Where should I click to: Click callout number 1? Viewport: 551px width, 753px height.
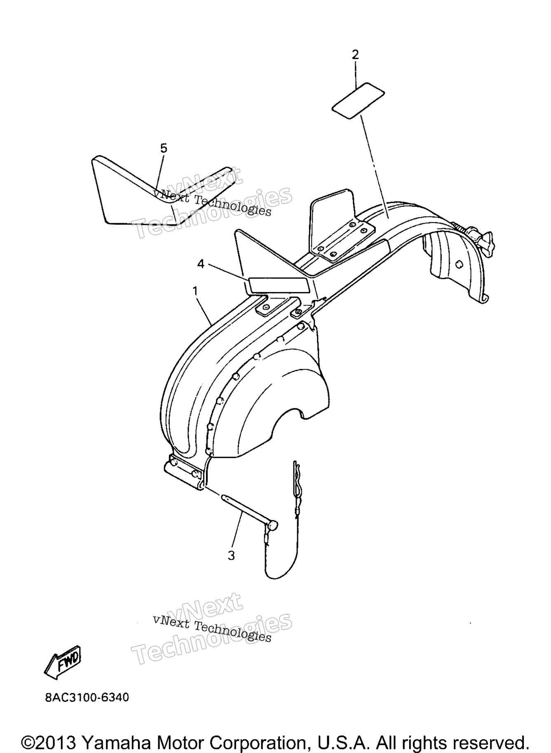(195, 292)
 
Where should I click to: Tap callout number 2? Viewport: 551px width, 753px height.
(355, 55)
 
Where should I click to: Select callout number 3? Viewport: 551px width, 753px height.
(231, 556)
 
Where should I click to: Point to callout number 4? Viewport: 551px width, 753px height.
(201, 264)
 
